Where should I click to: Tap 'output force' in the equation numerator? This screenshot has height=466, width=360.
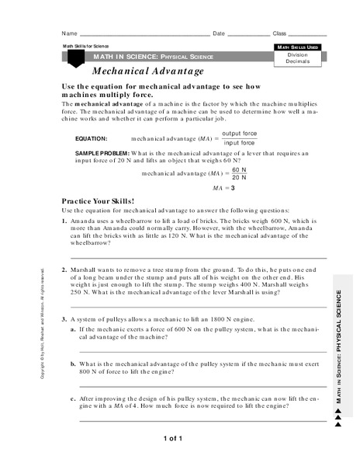(x=239, y=134)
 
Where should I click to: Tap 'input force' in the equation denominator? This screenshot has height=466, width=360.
(x=239, y=143)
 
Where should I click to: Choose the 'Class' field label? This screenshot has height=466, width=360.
(x=279, y=34)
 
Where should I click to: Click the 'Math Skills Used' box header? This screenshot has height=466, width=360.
(x=298, y=47)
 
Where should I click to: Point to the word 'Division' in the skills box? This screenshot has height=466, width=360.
(x=298, y=54)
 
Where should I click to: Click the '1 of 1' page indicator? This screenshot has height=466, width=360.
(x=172, y=439)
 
